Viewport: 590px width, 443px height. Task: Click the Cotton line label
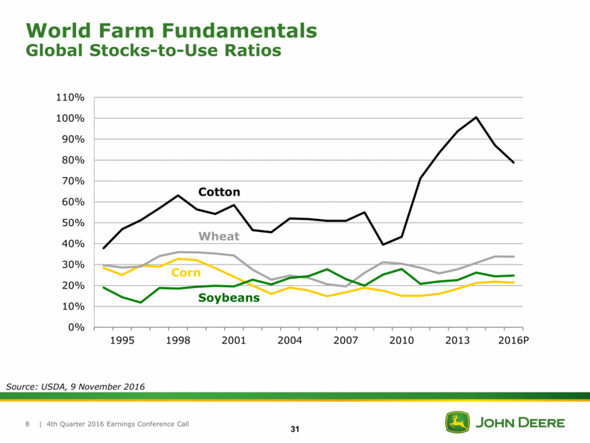click(x=219, y=192)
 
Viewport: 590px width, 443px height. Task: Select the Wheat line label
click(x=219, y=236)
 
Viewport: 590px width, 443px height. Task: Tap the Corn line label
click(x=186, y=273)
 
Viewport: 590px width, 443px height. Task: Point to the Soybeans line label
click(x=228, y=298)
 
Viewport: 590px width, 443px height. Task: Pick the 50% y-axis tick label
click(x=75, y=223)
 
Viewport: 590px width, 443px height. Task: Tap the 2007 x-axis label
click(x=345, y=341)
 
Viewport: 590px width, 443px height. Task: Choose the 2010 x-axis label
click(x=402, y=341)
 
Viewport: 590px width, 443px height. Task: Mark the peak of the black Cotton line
click(x=476, y=117)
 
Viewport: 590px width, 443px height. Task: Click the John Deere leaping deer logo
click(x=457, y=422)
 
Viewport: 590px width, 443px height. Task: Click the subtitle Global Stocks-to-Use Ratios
click(x=153, y=50)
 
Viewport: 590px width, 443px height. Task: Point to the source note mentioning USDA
click(x=75, y=386)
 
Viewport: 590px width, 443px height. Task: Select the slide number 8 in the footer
click(x=27, y=425)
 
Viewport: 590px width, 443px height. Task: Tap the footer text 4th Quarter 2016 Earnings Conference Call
click(x=118, y=425)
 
